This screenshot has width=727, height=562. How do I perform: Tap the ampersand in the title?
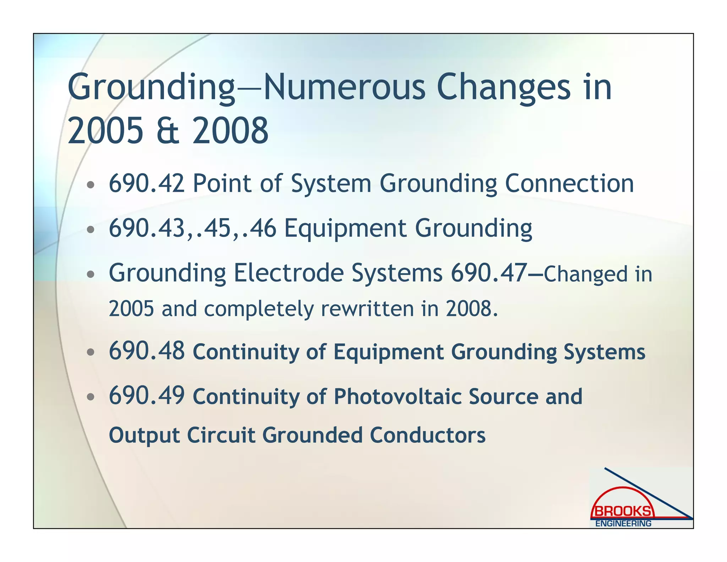pyautogui.click(x=168, y=131)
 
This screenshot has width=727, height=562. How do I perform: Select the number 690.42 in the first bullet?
pyautogui.click(x=147, y=183)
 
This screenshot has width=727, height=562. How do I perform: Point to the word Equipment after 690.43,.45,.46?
pyautogui.click(x=345, y=228)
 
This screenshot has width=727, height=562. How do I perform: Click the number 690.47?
pyautogui.click(x=489, y=273)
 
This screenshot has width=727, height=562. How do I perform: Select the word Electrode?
pyautogui.click(x=289, y=273)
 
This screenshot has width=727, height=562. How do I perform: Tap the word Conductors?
pyautogui.click(x=427, y=435)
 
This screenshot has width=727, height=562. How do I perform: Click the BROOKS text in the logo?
pyautogui.click(x=623, y=511)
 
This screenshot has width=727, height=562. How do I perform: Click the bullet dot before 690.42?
pyautogui.click(x=91, y=185)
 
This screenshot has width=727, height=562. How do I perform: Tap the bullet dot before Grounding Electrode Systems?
pyautogui.click(x=91, y=274)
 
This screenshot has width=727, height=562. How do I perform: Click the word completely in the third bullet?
pyautogui.click(x=259, y=308)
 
